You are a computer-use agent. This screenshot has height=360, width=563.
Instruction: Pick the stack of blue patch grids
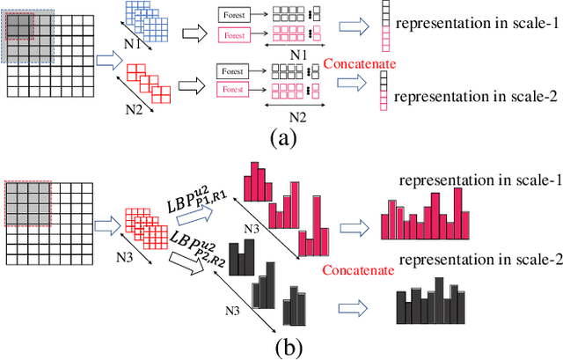click(x=146, y=19)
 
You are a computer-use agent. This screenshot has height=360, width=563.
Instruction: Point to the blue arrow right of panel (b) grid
click(x=106, y=225)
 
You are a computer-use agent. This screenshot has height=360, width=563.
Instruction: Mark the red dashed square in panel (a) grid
click(x=19, y=27)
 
